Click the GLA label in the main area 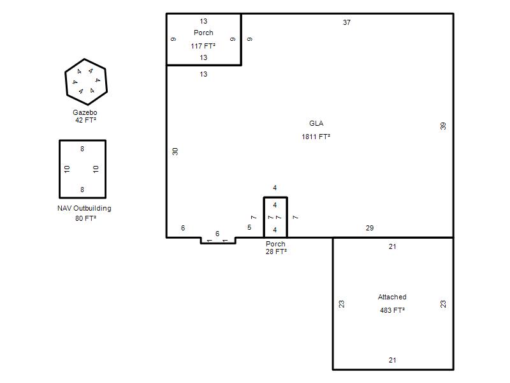pos(316,123)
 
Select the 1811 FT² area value pos(316,137)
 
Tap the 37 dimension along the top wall pos(347,22)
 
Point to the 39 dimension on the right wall pos(443,126)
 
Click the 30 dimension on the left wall pos(175,151)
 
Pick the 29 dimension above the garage pos(370,228)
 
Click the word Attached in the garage pos(392,297)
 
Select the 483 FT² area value pos(392,310)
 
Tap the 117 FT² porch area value pos(203,46)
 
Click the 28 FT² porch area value pos(276,252)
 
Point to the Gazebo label pos(85,112)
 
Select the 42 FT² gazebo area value pos(85,120)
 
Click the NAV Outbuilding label pos(84,208)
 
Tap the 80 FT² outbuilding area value pos(85,218)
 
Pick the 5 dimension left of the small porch pos(249,227)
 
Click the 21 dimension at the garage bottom pos(392,360)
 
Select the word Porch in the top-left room pos(203,33)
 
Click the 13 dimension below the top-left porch pos(203,74)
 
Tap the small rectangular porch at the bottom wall pos(264,217)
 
